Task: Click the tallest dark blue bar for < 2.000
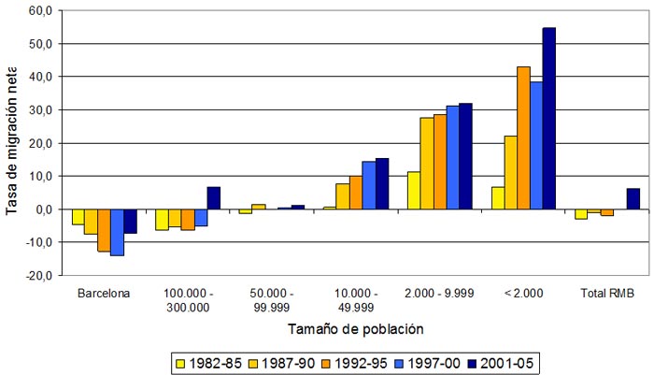548,118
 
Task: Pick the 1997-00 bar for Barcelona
117,231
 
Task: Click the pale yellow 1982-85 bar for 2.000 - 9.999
414,190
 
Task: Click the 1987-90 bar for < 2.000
510,172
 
